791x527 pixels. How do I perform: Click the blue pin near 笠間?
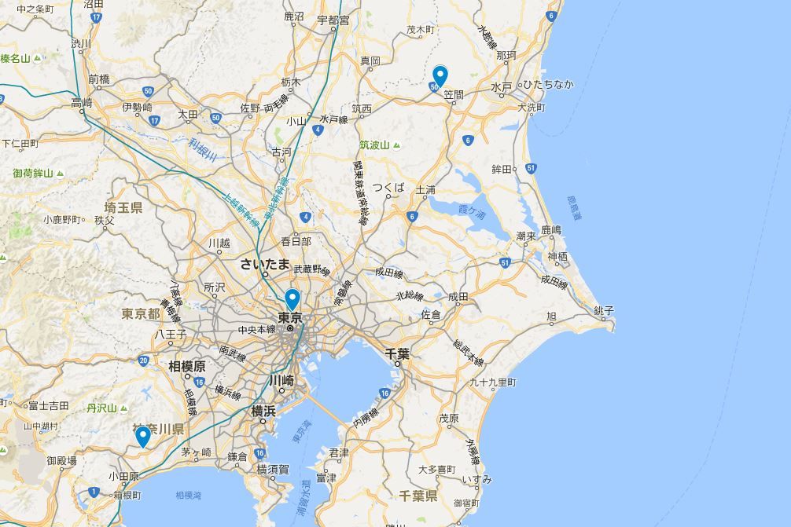pyautogui.click(x=440, y=75)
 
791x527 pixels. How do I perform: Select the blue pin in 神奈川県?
pyautogui.click(x=142, y=435)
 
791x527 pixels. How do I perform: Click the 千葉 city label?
pyautogui.click(x=397, y=354)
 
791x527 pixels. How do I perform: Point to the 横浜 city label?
pyautogui.click(x=263, y=410)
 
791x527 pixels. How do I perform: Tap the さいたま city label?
pyautogui.click(x=265, y=264)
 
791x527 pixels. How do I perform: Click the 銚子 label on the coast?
pyautogui.click(x=604, y=311)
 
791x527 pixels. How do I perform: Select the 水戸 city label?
pyautogui.click(x=501, y=86)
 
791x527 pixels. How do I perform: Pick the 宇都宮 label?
pyautogui.click(x=333, y=20)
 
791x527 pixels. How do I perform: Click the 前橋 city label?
pyautogui.click(x=99, y=79)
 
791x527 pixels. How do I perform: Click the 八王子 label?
pyautogui.click(x=170, y=333)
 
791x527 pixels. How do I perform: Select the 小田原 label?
pyautogui.click(x=123, y=476)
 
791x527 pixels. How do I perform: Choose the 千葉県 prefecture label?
pyautogui.click(x=418, y=496)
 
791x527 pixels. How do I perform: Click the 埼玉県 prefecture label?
pyautogui.click(x=123, y=207)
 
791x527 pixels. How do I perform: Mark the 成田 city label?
pyautogui.click(x=458, y=296)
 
